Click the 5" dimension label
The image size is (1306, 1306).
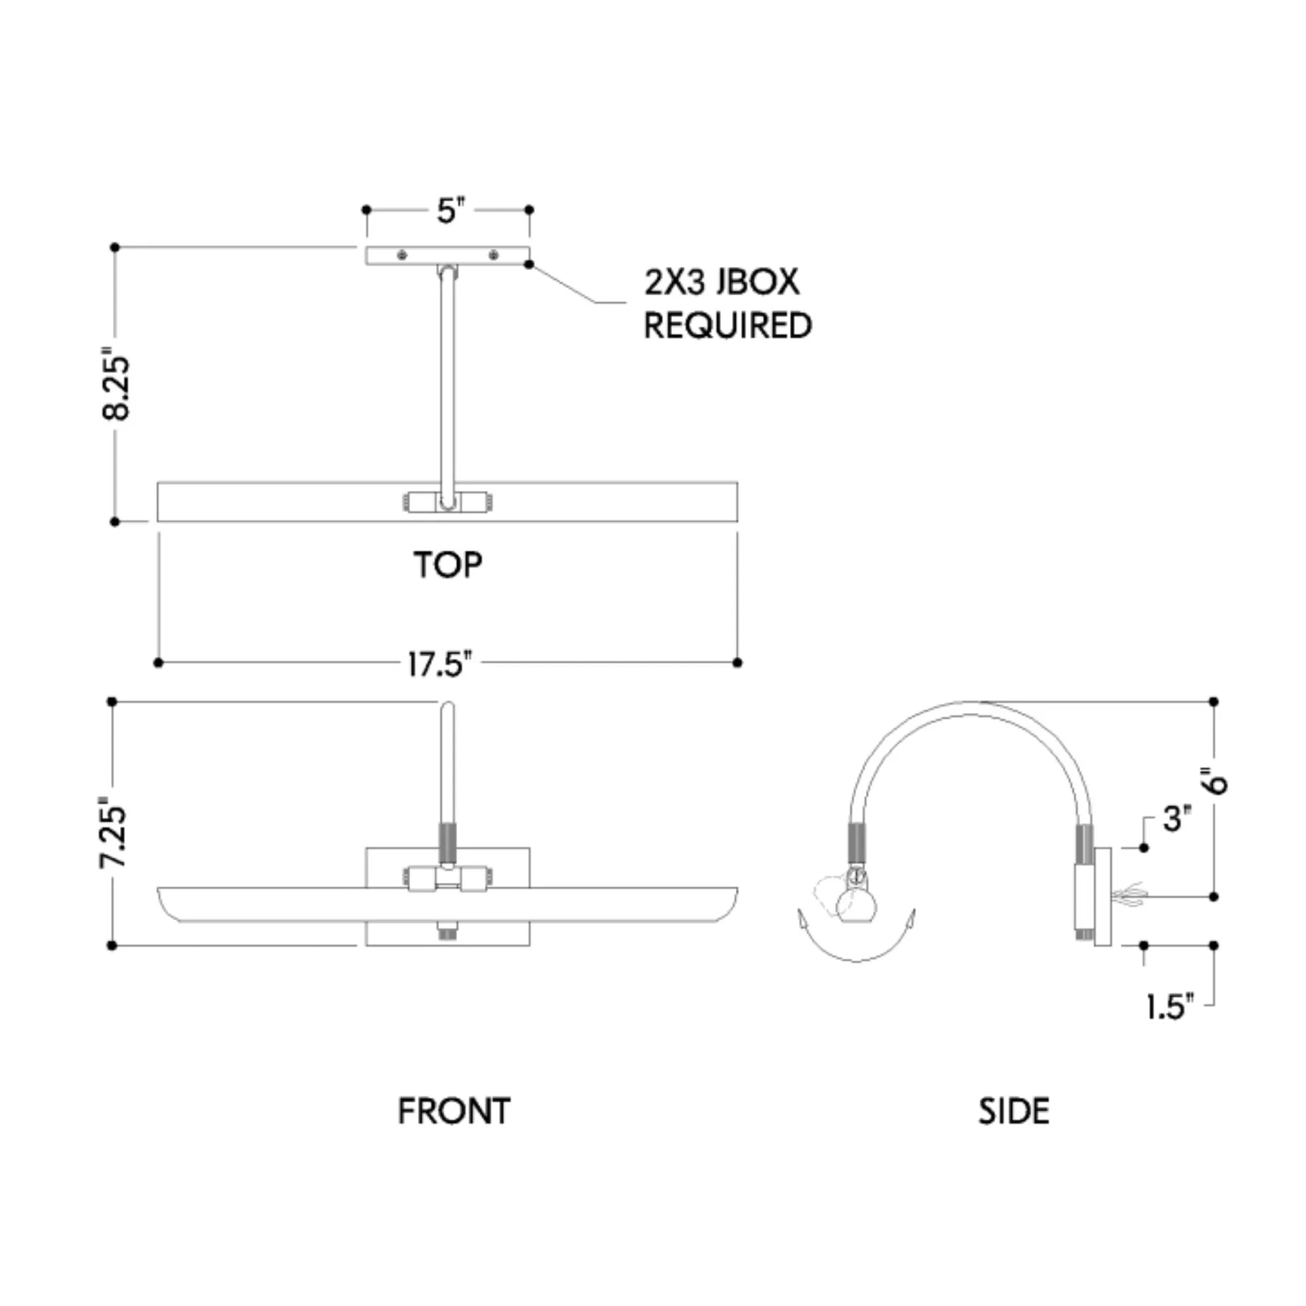448,211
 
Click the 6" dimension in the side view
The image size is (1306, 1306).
1216,782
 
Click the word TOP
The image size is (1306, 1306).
448,565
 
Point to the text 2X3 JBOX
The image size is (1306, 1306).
722,282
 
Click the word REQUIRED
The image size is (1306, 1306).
727,326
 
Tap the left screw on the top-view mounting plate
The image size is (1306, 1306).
403,255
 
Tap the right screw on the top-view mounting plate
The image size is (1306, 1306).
495,255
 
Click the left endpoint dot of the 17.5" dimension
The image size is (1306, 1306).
159,662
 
